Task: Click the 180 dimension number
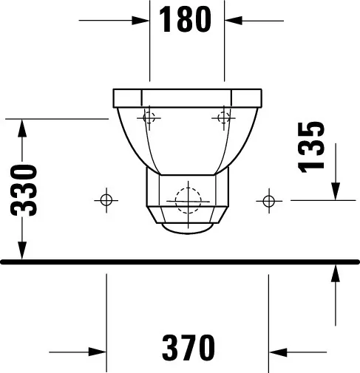(185, 19)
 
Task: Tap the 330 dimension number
(24, 190)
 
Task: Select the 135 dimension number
(311, 147)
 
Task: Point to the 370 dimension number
(189, 347)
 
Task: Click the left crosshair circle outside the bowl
(106, 200)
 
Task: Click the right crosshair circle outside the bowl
(268, 201)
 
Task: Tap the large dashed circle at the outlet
(188, 201)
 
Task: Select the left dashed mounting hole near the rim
(149, 117)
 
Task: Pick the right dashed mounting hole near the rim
(224, 117)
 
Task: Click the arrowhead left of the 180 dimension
(140, 21)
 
